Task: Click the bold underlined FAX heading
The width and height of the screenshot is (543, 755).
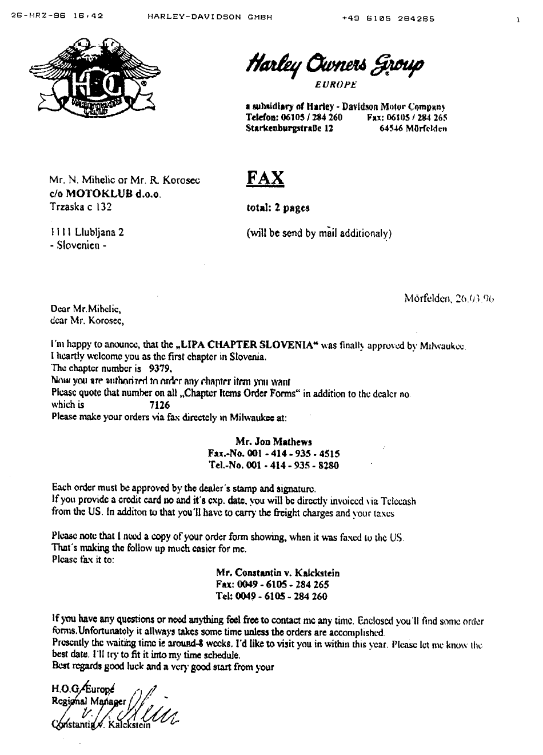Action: [x=265, y=178]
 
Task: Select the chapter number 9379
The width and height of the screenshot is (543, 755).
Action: [x=160, y=368]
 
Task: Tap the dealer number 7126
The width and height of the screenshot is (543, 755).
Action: [x=159, y=404]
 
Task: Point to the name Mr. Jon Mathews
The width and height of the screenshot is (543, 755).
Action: [x=274, y=442]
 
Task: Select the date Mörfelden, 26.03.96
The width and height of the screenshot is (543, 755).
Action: [x=449, y=298]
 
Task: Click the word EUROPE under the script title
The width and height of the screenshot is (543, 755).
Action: [x=336, y=85]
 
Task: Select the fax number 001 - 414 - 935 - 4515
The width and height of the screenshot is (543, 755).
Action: [x=274, y=454]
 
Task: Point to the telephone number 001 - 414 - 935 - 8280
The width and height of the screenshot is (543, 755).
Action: [x=274, y=466]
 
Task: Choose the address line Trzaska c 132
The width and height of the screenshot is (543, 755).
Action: [x=81, y=206]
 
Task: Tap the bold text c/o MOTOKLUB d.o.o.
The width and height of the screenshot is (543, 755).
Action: [x=106, y=194]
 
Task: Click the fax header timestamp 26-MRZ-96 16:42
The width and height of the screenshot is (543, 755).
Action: [x=57, y=18]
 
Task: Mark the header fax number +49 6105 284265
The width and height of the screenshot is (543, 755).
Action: [x=388, y=18]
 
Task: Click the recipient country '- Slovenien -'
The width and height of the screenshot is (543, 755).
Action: [x=78, y=245]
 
